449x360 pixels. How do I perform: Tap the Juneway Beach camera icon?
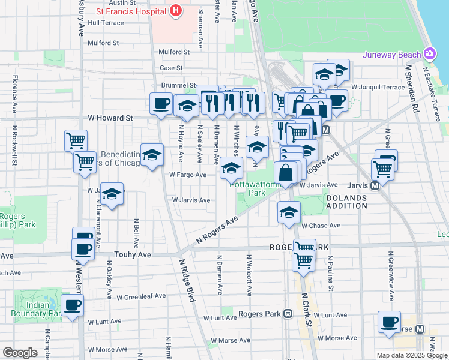(429, 55)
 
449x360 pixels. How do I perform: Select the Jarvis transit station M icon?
(375, 186)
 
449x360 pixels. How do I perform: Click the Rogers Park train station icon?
(288, 313)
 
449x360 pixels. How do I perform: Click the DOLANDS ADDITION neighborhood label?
(346, 202)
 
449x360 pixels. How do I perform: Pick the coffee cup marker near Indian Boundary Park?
(73, 305)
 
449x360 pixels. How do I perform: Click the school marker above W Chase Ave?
(289, 212)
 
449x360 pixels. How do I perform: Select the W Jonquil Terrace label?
(378, 87)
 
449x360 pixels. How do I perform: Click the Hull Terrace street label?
(106, 23)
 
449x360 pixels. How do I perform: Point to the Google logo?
(20, 353)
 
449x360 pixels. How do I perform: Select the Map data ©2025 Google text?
(412, 355)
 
